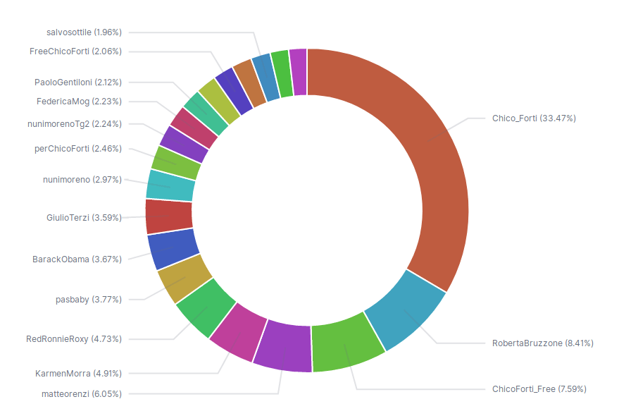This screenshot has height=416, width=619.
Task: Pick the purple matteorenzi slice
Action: tap(283, 347)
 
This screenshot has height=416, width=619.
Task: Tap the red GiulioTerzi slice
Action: tap(169, 216)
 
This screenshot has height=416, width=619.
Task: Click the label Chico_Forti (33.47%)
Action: tap(534, 118)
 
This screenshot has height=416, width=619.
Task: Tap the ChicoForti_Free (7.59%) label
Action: tap(539, 389)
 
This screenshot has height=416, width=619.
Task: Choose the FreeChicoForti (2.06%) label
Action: tap(76, 51)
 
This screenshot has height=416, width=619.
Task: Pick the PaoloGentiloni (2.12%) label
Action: tap(78, 82)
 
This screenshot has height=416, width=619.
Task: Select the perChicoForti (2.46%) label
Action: tap(78, 149)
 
